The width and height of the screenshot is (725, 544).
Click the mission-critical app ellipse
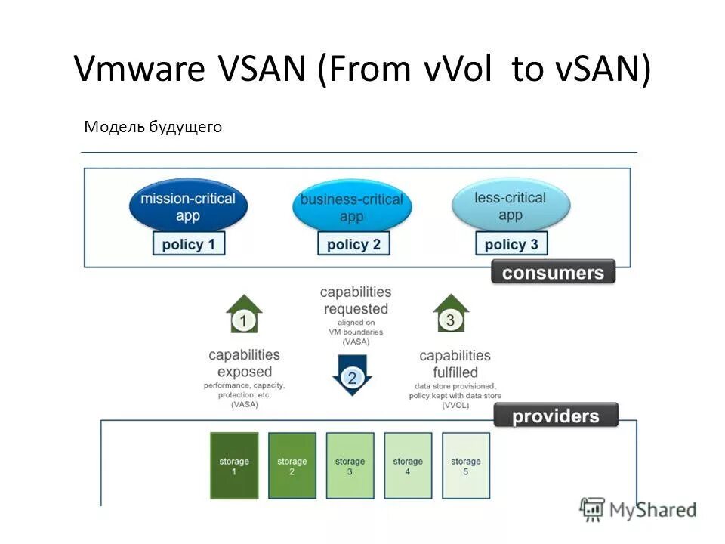tap(188, 205)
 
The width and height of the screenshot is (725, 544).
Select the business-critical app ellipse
tap(351, 207)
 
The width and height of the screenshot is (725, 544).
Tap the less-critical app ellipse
tap(511, 206)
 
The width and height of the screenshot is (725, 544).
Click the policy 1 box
tap(189, 244)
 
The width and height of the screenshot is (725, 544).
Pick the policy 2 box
tap(353, 244)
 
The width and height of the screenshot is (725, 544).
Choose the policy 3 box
tap(511, 244)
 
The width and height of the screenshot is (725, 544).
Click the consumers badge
tap(553, 272)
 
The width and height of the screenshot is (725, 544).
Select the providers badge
tap(556, 416)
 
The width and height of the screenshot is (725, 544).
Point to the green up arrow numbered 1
tap(244, 315)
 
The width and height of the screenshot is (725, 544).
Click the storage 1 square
tap(234, 465)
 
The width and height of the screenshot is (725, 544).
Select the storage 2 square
tap(292, 465)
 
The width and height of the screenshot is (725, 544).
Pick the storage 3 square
tap(350, 465)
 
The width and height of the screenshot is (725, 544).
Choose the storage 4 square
tap(408, 465)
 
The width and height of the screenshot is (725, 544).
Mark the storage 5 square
tap(465, 465)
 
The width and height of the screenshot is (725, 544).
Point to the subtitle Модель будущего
tap(153, 127)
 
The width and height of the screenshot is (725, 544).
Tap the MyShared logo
tap(638, 510)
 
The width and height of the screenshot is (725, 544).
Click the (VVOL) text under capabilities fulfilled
tap(455, 406)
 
